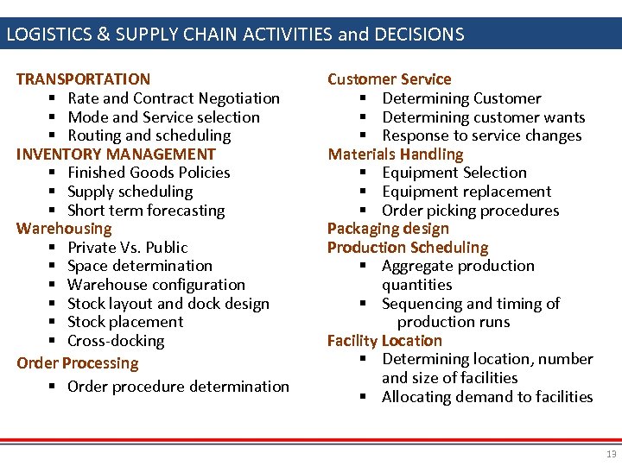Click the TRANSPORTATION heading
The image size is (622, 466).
[x=83, y=79]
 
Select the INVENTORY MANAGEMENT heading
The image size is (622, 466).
[x=116, y=154]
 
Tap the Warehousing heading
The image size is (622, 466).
[x=64, y=229]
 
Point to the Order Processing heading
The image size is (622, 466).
[x=78, y=363]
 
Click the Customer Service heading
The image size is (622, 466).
[x=389, y=79]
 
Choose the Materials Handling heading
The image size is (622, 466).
[x=395, y=154]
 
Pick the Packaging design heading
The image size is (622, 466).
[x=388, y=229]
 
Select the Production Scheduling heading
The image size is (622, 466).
[x=407, y=248]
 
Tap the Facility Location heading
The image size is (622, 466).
[x=384, y=341]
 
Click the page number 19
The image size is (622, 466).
[x=611, y=454]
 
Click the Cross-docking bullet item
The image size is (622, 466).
[x=116, y=341]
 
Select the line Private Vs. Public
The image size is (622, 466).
[x=127, y=248]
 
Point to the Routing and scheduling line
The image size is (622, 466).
[x=149, y=135]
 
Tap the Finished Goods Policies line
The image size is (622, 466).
[x=149, y=173]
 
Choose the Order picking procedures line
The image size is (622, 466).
[x=470, y=211]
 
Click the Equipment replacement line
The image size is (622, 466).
[x=466, y=192]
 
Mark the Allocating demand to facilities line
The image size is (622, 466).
[x=487, y=397]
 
